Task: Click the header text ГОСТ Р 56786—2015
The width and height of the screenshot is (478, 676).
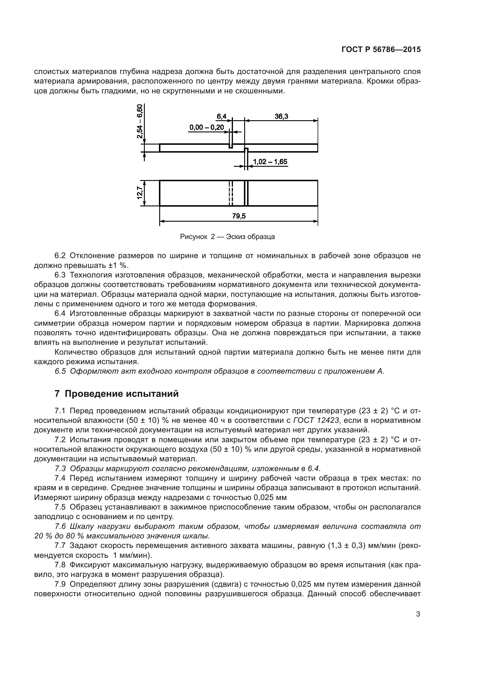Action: tap(381, 50)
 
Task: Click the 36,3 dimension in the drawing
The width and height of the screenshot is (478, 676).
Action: tap(281, 116)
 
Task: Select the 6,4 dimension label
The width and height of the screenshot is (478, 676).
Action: tap(221, 116)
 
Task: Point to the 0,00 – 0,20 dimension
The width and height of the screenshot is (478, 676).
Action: tap(207, 127)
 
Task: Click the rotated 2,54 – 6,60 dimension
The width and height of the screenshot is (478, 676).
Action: tap(140, 121)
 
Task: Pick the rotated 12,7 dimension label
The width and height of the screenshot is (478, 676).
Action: tap(140, 193)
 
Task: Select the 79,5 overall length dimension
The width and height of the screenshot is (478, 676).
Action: tap(239, 216)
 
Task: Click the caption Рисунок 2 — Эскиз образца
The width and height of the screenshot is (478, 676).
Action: tap(227, 237)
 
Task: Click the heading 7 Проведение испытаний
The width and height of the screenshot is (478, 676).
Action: tap(116, 394)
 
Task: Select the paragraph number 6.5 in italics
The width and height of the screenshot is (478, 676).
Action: tap(60, 371)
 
